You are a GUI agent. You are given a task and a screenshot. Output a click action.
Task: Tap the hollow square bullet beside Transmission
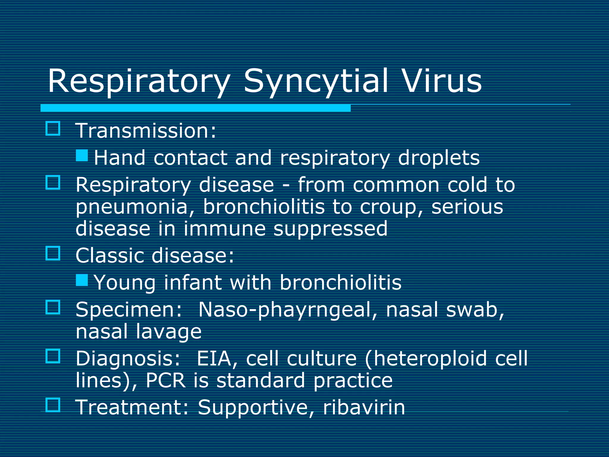click(x=53, y=129)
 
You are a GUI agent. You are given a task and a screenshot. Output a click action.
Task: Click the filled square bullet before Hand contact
click(x=82, y=155)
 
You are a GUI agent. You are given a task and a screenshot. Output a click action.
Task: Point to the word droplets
click(x=439, y=158)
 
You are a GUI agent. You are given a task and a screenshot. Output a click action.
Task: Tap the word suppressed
click(x=330, y=229)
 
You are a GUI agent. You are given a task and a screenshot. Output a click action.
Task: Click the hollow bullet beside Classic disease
click(x=53, y=253)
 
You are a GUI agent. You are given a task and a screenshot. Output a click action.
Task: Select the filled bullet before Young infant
click(x=82, y=280)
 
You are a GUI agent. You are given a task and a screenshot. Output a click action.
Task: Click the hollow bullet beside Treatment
click(x=53, y=405)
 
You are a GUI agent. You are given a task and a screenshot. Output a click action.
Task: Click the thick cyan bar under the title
click(x=195, y=108)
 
